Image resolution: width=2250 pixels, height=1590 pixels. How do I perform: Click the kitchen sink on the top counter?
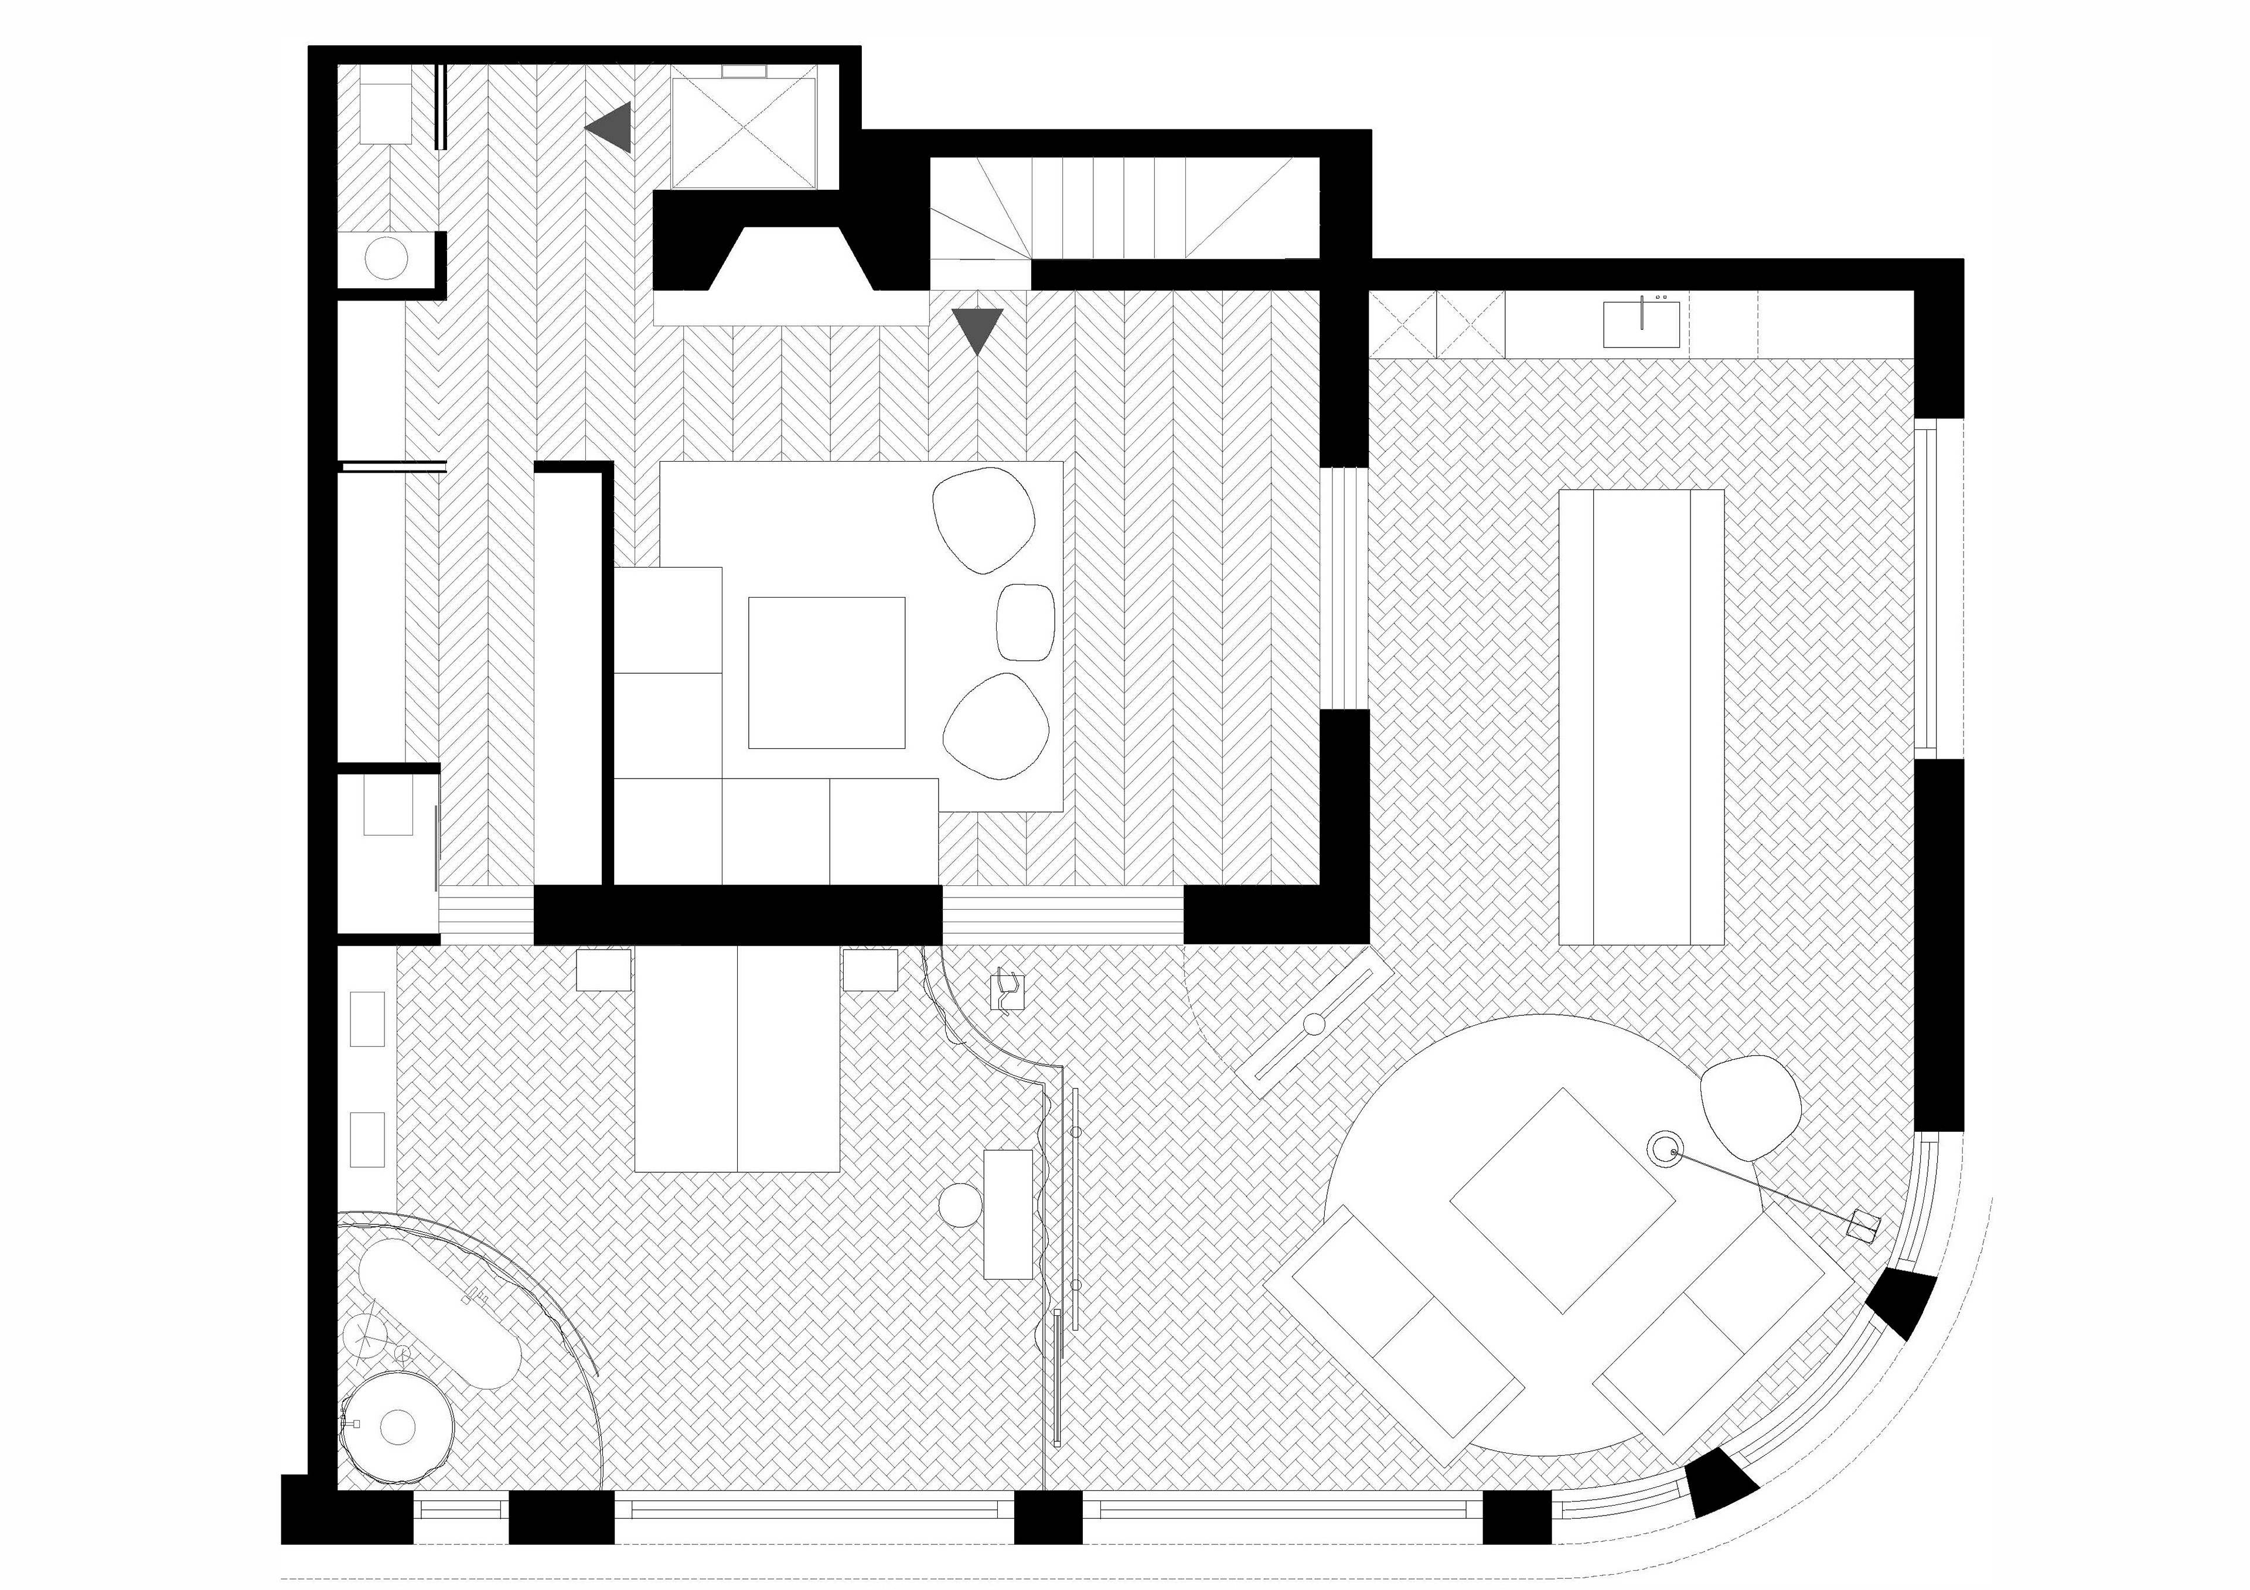tap(1641, 325)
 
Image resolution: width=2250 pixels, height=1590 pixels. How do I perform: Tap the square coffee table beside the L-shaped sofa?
tap(826, 672)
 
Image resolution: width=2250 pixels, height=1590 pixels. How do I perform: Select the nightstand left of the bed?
tap(604, 970)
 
